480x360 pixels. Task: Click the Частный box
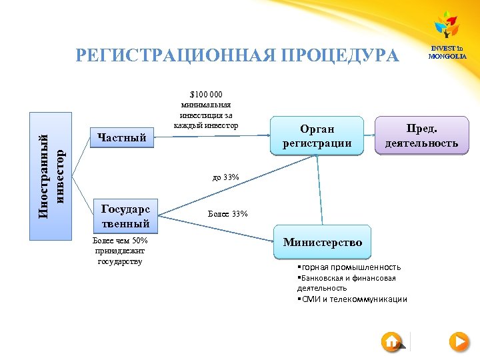pos(122,138)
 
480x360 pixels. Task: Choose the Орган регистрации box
pos(317,135)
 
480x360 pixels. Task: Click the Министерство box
pos(322,243)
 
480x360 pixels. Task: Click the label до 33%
pos(225,177)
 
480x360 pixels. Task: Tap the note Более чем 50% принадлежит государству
pos(121,251)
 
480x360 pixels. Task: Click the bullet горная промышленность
pos(349,267)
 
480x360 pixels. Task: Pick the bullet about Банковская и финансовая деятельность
pos(347,283)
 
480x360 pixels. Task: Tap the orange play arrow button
pos(459,342)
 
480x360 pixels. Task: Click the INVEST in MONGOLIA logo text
pos(447,52)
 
